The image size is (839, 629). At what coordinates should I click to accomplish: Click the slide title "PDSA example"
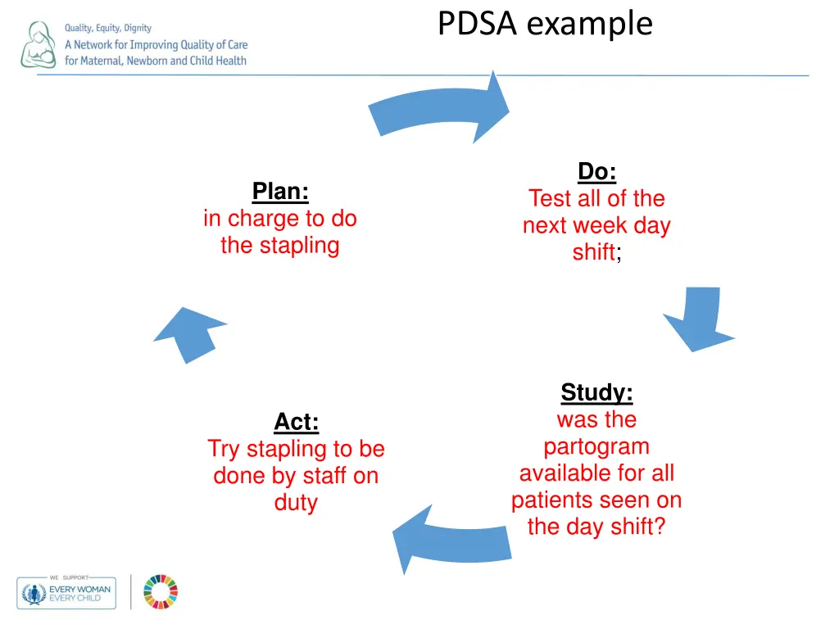point(545,24)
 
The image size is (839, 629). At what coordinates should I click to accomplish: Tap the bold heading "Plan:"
point(280,192)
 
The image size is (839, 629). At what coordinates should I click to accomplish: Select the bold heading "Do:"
point(596,171)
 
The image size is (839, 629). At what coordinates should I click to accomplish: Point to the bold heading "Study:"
point(596,393)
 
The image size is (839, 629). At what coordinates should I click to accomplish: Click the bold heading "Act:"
point(296,423)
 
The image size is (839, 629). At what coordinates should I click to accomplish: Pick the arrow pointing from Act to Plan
point(189,333)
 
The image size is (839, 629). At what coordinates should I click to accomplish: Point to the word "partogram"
point(596,446)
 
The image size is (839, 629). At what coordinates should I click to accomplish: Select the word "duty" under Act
point(296,502)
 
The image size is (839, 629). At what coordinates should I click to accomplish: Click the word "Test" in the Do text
point(550,198)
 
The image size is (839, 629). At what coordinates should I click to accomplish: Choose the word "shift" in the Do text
point(593,252)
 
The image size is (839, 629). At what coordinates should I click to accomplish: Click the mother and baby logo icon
point(38,45)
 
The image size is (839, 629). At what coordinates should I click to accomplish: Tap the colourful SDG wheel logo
point(161,591)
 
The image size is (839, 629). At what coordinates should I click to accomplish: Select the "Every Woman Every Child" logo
point(66,592)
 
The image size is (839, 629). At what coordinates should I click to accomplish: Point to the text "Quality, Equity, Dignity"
point(108,29)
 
